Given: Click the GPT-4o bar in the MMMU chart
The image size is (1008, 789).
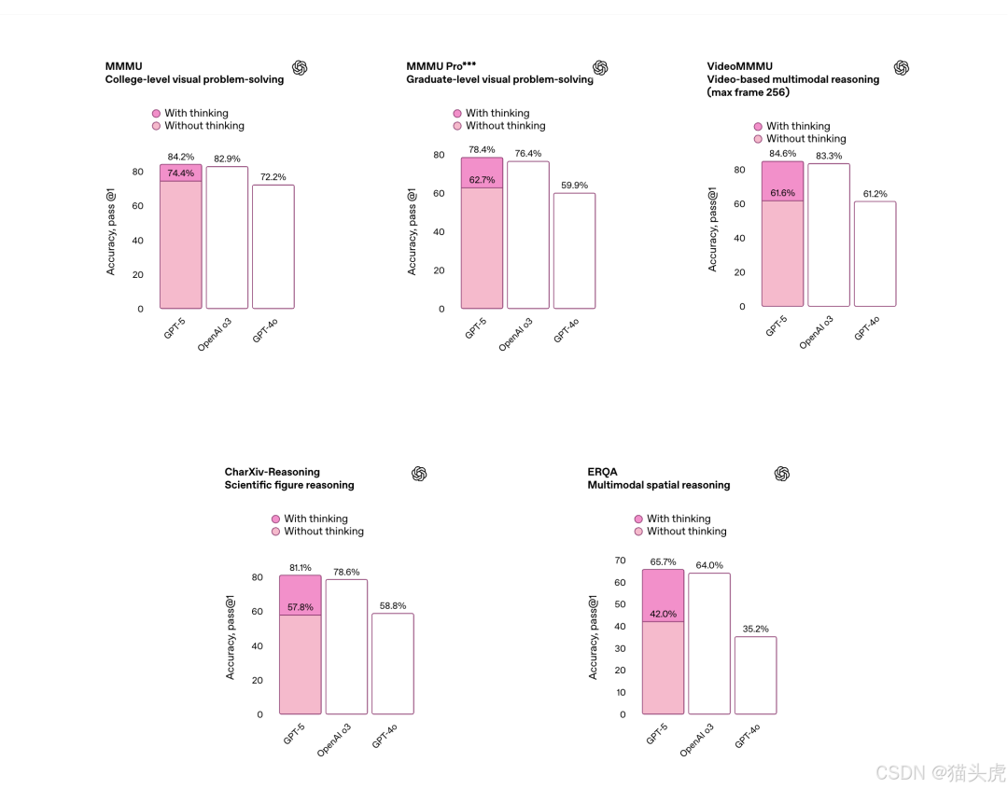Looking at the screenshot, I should point(273,246).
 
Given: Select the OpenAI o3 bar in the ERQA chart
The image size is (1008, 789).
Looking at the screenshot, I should point(709,644).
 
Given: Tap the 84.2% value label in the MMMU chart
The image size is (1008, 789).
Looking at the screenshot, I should point(181,157).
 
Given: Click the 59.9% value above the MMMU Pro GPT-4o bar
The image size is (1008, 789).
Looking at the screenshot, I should point(574,185).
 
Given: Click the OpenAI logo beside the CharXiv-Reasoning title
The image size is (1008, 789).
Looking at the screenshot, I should point(419,474).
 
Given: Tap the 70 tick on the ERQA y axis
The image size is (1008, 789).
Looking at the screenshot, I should point(620,561).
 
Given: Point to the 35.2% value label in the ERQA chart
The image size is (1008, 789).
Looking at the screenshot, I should point(756,629).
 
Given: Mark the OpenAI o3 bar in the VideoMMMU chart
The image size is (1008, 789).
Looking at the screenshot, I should point(829,235).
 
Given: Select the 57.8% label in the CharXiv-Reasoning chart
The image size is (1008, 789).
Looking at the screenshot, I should point(300,607).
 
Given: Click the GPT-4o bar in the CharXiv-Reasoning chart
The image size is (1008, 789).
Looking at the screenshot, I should point(393,663).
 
